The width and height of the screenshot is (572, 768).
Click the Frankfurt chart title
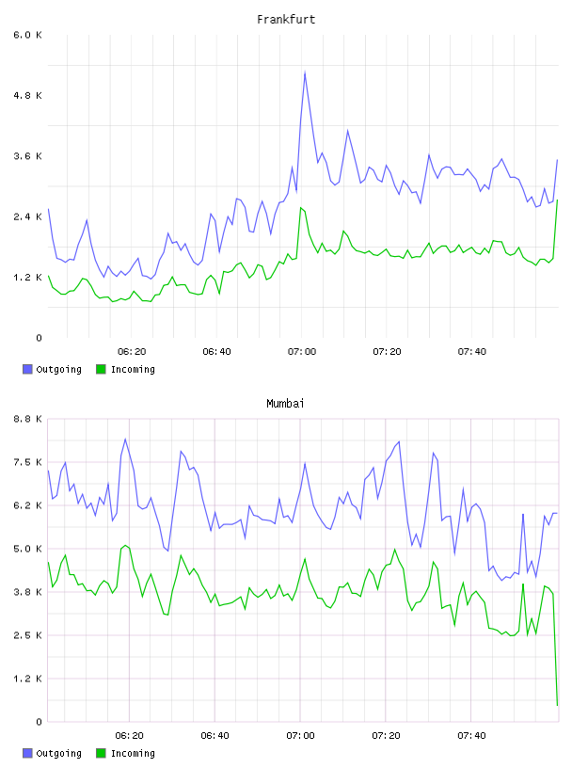point(286,20)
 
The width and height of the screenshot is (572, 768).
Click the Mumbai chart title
point(285,404)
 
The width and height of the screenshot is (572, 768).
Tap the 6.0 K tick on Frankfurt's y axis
point(28,35)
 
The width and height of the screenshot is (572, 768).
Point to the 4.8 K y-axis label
point(28,95)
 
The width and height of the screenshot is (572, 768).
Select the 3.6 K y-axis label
point(28,156)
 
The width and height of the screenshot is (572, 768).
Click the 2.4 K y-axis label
point(28,217)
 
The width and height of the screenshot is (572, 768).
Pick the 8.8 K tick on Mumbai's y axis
point(28,419)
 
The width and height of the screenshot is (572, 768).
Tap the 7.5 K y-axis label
point(28,462)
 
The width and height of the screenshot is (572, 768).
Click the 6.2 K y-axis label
point(28,505)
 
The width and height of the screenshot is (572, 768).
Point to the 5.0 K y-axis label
point(28,549)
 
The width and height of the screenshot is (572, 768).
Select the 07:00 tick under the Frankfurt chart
point(302,352)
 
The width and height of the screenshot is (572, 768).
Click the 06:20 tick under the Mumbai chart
point(129,736)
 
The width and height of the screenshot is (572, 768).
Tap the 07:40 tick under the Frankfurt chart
point(472,352)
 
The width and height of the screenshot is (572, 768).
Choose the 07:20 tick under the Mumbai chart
point(387,736)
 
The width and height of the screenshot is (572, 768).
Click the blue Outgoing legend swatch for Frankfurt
point(27,369)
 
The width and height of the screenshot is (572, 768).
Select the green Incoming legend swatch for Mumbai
point(101,753)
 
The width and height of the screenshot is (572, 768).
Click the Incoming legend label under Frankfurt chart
point(133,370)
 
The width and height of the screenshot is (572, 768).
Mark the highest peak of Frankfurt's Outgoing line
point(305,72)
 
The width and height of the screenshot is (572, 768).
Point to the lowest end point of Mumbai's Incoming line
point(557,705)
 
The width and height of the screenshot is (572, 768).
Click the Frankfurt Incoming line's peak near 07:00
point(301,208)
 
